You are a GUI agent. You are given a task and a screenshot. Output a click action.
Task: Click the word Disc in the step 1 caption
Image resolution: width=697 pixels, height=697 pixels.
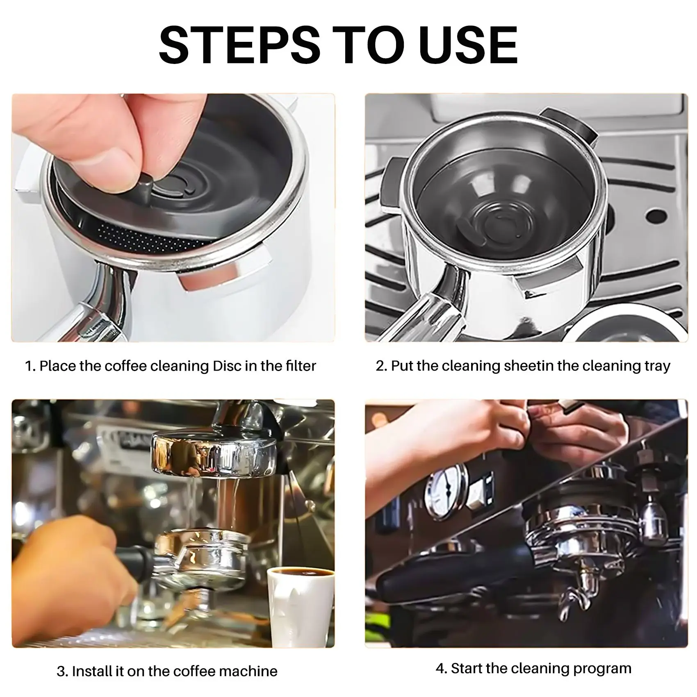point(227,365)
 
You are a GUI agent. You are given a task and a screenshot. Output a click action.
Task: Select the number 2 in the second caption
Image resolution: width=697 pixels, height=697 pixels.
point(380,365)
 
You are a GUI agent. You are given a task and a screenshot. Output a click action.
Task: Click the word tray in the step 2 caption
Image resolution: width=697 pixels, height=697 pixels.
point(656,366)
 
